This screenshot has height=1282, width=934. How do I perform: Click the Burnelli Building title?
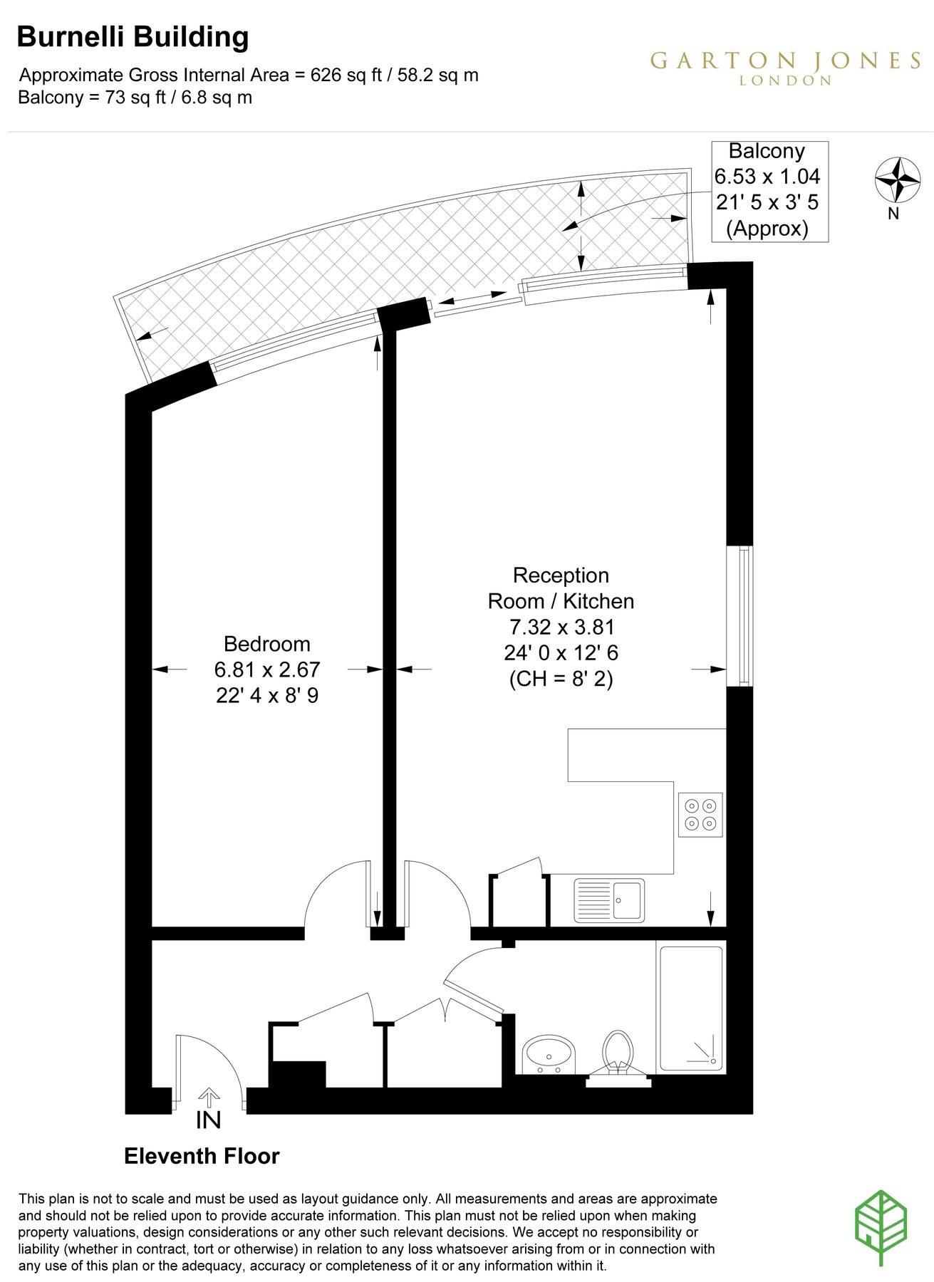coord(133,37)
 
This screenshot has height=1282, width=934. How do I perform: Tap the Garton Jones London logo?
coord(786,68)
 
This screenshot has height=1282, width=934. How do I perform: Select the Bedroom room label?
coord(267,644)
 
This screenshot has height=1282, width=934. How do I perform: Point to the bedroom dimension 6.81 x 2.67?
coord(267,669)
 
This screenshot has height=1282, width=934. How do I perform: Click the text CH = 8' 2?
coord(561,679)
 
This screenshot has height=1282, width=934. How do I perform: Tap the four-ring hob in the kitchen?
coord(700,815)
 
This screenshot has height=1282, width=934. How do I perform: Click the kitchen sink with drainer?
coord(609,900)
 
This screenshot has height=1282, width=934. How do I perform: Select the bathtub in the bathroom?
coord(691,1009)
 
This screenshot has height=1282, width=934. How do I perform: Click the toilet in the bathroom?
coord(618,1058)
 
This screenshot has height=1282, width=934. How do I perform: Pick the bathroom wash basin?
coord(549,1055)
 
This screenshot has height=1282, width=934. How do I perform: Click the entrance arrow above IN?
coord(209,1098)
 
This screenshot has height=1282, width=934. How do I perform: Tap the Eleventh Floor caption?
coord(202,1155)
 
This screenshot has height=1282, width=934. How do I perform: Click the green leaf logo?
coord(881,1227)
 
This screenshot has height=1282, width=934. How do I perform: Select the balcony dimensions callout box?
coord(770,192)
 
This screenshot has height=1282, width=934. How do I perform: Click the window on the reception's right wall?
coord(740,616)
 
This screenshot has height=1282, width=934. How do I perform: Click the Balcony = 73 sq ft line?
coord(135,98)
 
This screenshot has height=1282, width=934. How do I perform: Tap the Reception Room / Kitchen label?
coord(561,588)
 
